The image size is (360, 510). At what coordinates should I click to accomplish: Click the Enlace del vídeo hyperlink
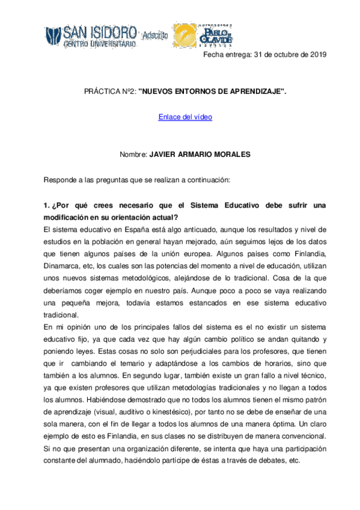(x=185, y=117)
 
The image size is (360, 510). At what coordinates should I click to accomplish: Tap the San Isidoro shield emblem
(x=52, y=36)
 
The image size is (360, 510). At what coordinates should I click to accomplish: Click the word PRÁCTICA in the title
(x=100, y=91)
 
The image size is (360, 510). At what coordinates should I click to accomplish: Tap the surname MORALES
(x=230, y=154)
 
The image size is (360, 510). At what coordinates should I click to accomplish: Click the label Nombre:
(x=133, y=154)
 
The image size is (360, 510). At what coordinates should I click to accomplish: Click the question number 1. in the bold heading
(x=47, y=206)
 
